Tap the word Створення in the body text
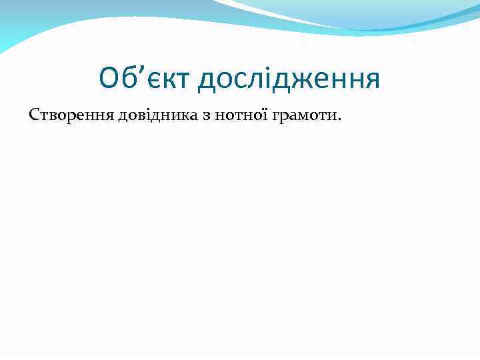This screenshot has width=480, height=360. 70,117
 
